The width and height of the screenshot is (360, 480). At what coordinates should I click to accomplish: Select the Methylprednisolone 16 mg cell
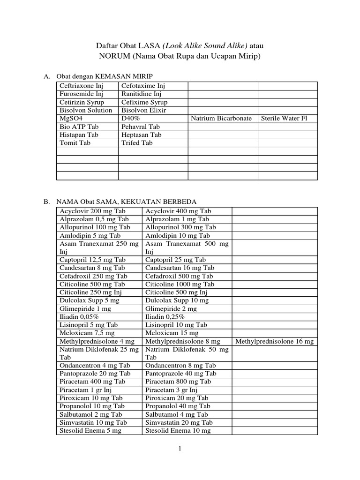click(274, 342)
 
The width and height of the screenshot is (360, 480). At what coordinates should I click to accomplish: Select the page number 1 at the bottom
click(180, 448)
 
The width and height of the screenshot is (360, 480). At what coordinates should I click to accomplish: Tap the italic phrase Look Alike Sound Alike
click(205, 45)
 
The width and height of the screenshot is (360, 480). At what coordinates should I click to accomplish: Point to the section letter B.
click(47, 202)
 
